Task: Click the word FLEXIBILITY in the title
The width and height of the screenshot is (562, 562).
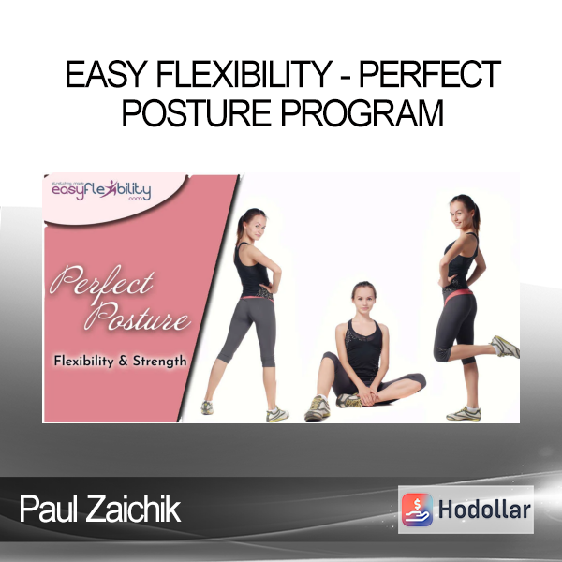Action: [244, 75]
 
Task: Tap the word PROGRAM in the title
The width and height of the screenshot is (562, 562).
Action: [362, 113]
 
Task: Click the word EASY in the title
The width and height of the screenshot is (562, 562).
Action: [106, 75]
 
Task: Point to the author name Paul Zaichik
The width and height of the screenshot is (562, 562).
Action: [100, 509]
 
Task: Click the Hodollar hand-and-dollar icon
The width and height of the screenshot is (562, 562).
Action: [417, 510]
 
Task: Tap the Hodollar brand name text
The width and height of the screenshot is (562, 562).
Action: [484, 510]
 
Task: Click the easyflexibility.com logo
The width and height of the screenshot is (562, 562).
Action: [101, 190]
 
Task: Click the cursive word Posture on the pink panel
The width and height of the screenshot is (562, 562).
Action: [137, 317]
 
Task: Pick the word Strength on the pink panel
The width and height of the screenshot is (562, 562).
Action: [160, 362]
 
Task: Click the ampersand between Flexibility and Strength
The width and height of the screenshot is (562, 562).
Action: [123, 361]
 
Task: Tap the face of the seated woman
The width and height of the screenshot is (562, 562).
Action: [364, 299]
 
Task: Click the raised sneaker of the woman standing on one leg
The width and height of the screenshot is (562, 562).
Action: [505, 347]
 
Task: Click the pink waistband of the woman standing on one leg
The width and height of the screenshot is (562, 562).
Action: [458, 295]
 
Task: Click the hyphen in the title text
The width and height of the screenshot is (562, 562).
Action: [345, 77]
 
